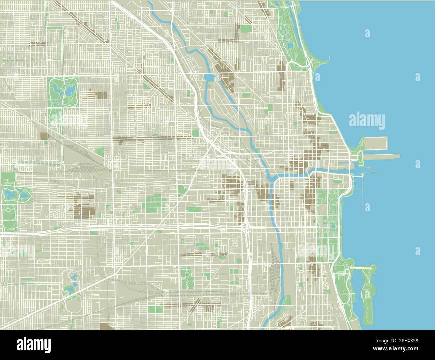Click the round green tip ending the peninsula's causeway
(372, 267)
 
